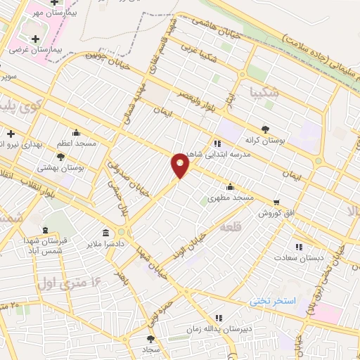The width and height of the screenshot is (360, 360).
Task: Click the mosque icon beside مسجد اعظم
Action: (x=76, y=132)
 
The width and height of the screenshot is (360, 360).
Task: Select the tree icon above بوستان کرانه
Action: (x=264, y=129)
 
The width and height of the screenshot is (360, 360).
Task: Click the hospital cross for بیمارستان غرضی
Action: (x=35, y=38)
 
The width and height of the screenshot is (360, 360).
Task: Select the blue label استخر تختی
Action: (x=274, y=300)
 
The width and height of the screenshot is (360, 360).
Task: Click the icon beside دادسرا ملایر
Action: (x=105, y=233)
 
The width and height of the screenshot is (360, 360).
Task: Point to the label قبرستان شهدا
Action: (x=44, y=240)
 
